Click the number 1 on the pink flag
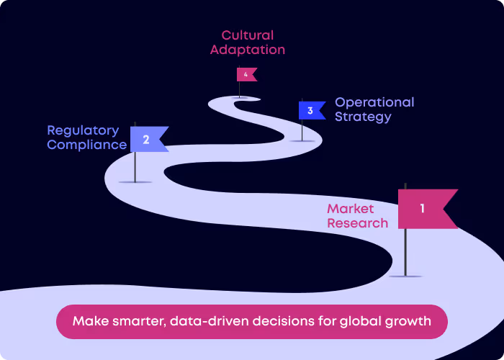422,209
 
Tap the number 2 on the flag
146,140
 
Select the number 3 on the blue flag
310,111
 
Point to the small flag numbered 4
246,74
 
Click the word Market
351,209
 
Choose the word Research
357,223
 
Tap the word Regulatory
83,130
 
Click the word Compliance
87,145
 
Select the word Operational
374,102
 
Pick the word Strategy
363,117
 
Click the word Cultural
247,35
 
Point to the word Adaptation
247,50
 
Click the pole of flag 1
405,252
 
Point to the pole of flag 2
135,166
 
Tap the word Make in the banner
89,321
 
